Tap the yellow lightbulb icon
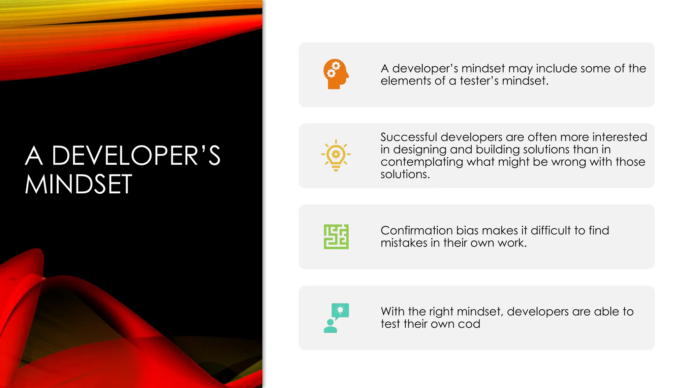click(336, 155)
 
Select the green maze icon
click(336, 237)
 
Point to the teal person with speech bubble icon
click(336, 318)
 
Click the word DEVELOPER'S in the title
click(136, 156)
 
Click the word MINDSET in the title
click(78, 185)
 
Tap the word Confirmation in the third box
click(416, 231)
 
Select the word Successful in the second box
click(408, 137)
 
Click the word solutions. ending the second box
click(405, 174)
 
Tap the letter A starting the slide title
click(34, 156)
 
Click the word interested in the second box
click(620, 137)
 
